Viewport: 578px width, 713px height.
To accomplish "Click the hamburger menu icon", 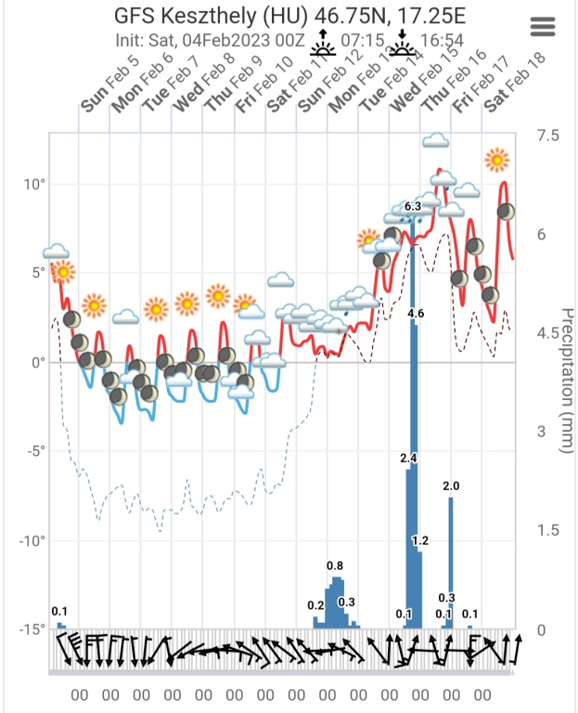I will click(542, 27).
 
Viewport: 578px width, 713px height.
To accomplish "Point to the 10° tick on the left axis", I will click(35, 184).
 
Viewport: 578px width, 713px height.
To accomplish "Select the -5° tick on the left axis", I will click(35, 451).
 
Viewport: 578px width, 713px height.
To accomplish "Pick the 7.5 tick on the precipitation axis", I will click(548, 136).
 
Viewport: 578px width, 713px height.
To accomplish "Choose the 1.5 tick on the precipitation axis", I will click(548, 531).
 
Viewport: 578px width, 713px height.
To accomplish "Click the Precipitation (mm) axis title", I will click(563, 381).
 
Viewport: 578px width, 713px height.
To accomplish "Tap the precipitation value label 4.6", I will click(416, 314).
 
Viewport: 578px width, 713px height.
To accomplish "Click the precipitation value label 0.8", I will click(335, 565).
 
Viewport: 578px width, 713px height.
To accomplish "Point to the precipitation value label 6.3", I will click(414, 206).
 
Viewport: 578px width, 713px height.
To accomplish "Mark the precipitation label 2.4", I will click(408, 459).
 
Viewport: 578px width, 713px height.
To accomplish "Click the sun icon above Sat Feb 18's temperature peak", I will click(498, 160).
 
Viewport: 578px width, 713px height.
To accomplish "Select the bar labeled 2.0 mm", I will click(451, 562).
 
